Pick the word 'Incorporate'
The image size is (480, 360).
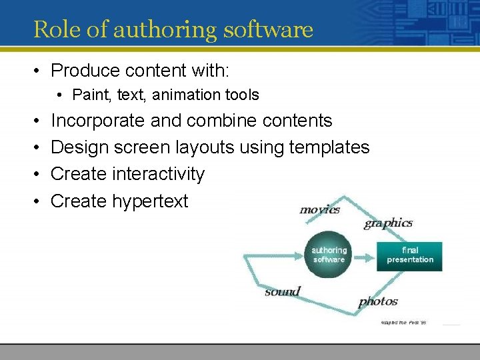click(97, 121)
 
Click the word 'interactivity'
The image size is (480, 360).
click(159, 174)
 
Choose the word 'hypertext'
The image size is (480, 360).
click(150, 201)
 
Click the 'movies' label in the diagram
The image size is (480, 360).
click(319, 209)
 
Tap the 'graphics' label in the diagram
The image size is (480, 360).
click(388, 223)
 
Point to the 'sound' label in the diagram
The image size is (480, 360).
click(282, 291)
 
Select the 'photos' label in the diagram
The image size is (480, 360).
click(378, 301)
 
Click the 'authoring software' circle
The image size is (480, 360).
click(329, 255)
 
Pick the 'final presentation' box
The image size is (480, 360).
click(409, 255)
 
